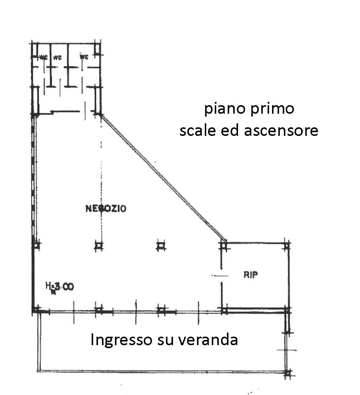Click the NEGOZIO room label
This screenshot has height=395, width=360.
coord(106,209)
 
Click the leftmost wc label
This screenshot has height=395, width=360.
coord(43,57)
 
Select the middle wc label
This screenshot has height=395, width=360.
coord(57,57)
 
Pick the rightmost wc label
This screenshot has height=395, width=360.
coord(84,56)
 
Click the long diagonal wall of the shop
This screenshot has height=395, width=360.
coord(163,177)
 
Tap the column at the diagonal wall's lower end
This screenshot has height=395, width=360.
coord(223,245)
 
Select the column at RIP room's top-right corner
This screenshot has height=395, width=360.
coord(287,245)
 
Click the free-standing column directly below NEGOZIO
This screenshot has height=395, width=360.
coord(99,245)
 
